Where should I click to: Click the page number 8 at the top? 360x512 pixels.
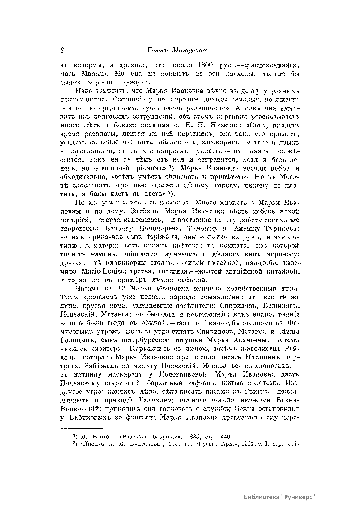[x=62, y=50]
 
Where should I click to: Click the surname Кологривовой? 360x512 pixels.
[x=183, y=375]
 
